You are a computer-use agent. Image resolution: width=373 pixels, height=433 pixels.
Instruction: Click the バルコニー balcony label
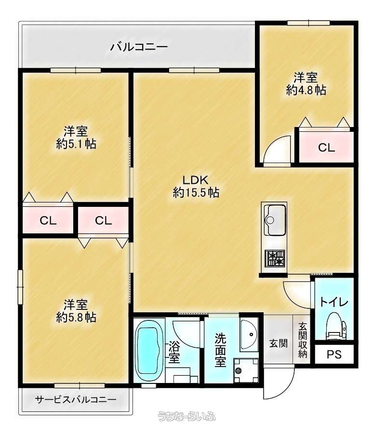click(139, 47)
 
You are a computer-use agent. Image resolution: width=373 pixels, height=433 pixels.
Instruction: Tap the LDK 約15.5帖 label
click(196, 186)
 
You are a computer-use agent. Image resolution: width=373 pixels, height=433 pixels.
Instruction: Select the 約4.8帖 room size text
click(306, 90)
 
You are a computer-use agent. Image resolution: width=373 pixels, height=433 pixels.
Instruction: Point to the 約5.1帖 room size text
click(76, 144)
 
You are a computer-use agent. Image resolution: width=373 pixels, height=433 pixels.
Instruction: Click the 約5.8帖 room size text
click(76, 317)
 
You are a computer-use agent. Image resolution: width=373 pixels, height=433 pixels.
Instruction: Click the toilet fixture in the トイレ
click(336, 326)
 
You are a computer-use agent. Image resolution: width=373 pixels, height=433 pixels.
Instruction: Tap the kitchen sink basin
click(274, 219)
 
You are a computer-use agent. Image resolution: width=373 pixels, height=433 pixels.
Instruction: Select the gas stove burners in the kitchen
click(275, 258)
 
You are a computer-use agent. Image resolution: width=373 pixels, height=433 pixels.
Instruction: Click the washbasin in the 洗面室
click(249, 334)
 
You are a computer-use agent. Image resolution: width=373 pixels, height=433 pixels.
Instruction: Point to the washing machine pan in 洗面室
click(246, 370)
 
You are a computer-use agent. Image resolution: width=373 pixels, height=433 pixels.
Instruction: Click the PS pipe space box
click(334, 354)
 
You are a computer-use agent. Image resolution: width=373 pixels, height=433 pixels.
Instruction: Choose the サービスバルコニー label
click(76, 399)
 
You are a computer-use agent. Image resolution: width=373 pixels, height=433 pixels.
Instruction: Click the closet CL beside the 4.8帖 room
click(326, 148)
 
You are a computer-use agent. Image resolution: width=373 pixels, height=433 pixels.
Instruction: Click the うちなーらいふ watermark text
click(186, 416)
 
